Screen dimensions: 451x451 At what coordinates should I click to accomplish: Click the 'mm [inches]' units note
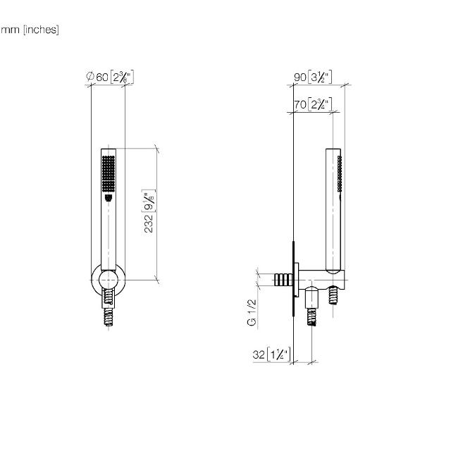[30, 30]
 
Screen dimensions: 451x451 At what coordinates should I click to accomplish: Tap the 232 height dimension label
[149, 223]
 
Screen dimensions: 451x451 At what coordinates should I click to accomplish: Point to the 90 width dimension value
[299, 77]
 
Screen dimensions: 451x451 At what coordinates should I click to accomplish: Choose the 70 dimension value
[299, 104]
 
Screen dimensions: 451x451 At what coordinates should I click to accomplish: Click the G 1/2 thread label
[252, 312]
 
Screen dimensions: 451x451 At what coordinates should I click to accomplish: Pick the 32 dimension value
[259, 354]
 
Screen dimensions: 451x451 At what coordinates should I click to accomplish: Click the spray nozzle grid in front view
[109, 174]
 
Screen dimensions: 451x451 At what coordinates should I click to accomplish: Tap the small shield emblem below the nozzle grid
[109, 197]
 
